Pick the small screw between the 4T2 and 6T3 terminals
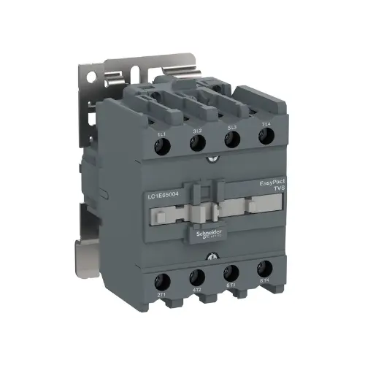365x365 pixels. click(x=212, y=256)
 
